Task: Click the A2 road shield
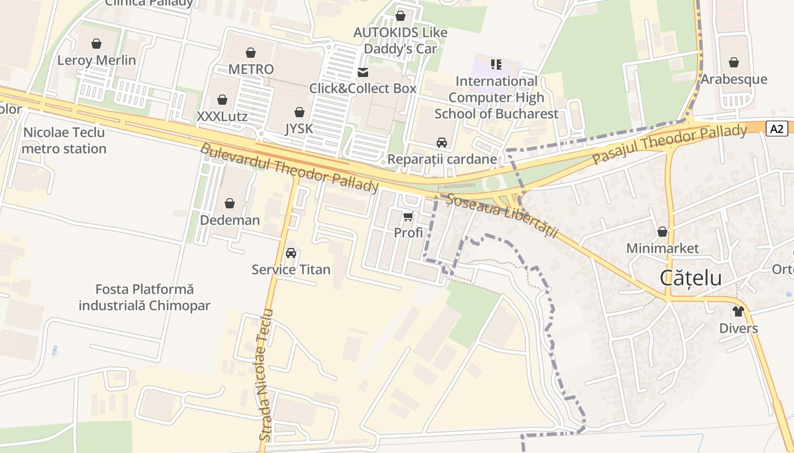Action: point(777,129)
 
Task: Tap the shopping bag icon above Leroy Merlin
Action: point(96,44)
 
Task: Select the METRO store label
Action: point(251,69)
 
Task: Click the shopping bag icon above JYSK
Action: point(299,112)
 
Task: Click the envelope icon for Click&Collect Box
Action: point(362,72)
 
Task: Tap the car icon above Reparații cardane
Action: point(441,143)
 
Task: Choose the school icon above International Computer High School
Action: point(496,65)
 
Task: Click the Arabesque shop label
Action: point(733,79)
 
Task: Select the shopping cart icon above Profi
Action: point(408,216)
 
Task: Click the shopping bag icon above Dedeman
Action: point(230,203)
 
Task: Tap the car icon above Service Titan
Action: point(291,253)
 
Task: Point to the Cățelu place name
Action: point(691,278)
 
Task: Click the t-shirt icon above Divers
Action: point(738,311)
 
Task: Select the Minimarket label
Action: point(662,248)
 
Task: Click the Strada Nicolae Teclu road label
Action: point(265,375)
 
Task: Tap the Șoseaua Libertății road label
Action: point(502,216)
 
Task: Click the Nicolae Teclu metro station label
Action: point(64,140)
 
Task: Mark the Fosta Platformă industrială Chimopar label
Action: point(144,297)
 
